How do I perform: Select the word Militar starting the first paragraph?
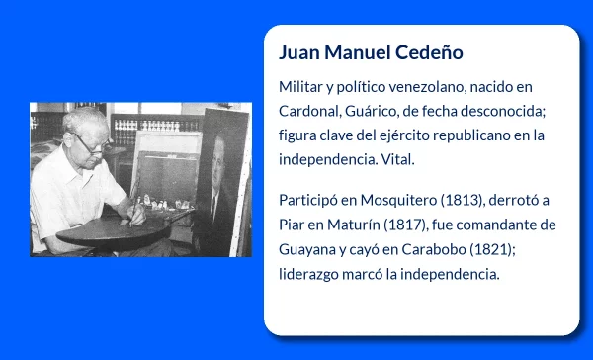pos(302,87)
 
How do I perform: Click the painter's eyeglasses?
pos(92,144)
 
